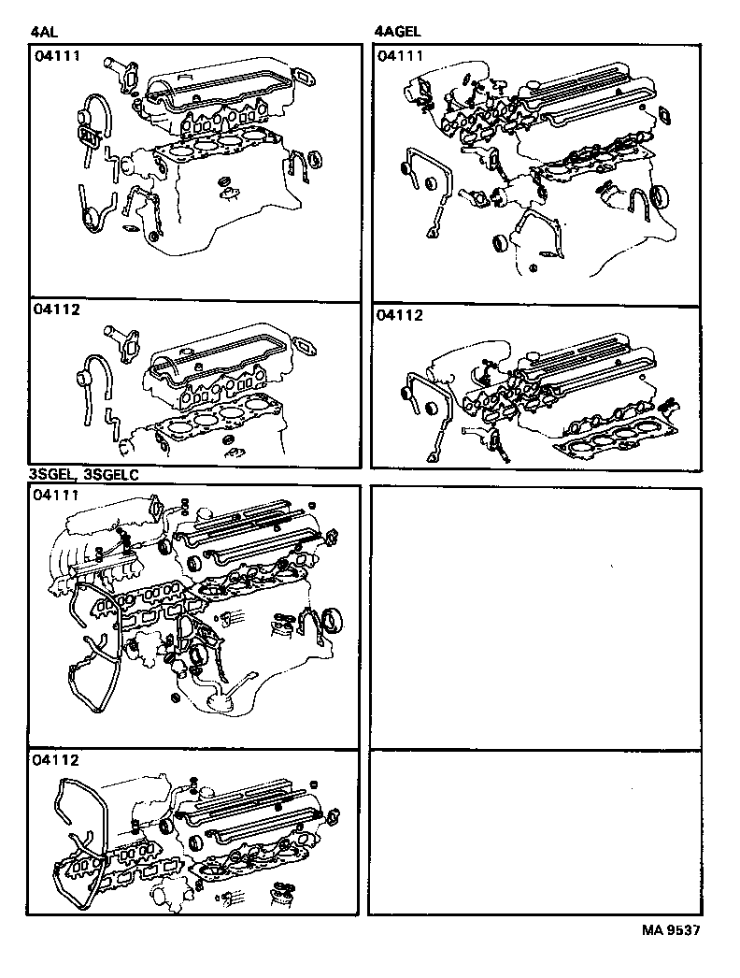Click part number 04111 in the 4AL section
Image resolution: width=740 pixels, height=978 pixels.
[56, 57]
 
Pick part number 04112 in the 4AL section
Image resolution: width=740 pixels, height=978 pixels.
[56, 314]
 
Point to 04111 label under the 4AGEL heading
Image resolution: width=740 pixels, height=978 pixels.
[400, 57]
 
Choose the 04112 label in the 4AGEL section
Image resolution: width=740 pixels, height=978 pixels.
[400, 316]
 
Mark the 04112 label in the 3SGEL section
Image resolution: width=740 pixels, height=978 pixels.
[56, 760]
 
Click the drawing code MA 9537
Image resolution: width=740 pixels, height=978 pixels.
[670, 930]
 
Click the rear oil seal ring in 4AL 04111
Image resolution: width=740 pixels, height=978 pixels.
[315, 157]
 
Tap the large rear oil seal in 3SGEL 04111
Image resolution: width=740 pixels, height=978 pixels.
[331, 620]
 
